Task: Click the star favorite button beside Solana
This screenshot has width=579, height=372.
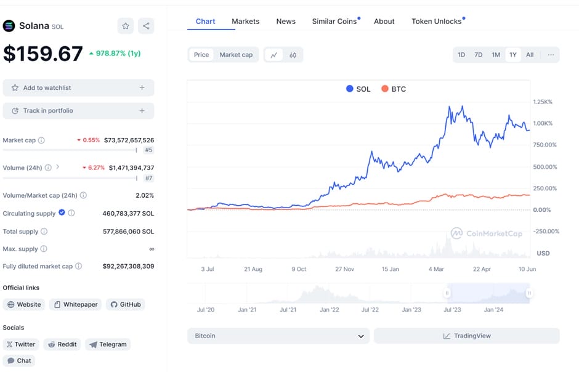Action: click(x=126, y=26)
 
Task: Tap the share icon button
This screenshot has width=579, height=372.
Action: click(x=146, y=26)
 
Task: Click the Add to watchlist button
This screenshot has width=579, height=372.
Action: click(x=78, y=88)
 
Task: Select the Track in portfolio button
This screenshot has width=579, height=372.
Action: click(x=78, y=111)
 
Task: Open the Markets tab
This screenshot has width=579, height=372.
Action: click(x=245, y=22)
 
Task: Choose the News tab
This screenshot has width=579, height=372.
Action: click(x=286, y=22)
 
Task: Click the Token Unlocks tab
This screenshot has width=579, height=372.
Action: click(x=437, y=22)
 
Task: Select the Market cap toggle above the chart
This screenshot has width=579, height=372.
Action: click(x=236, y=55)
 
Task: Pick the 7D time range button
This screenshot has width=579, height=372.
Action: click(x=479, y=55)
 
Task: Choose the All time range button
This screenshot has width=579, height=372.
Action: click(x=530, y=55)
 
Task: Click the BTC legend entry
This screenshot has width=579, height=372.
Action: click(x=394, y=89)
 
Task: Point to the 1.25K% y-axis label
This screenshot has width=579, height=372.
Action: click(x=543, y=102)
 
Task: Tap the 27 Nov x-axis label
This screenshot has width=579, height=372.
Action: click(x=344, y=269)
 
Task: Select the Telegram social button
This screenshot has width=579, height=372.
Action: click(x=108, y=344)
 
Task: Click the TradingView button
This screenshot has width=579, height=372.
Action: click(x=466, y=336)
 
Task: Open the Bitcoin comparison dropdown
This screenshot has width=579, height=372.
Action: click(x=278, y=336)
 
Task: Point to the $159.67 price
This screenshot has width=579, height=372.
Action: click(x=43, y=54)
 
